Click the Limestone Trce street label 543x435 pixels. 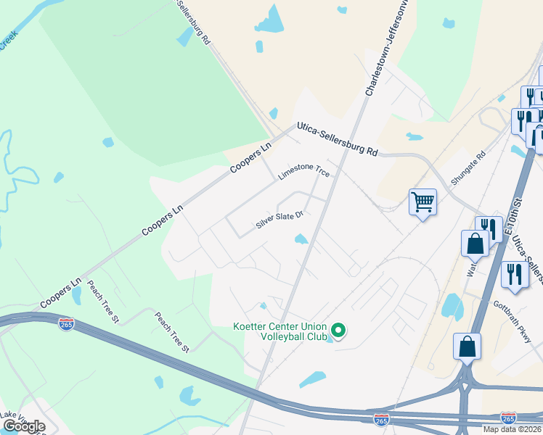point(304,171)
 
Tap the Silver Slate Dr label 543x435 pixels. point(278,220)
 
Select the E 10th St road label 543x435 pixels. point(518,212)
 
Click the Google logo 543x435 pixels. point(24,426)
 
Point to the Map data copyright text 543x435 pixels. point(513,429)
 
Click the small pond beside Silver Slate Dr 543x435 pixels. point(301,239)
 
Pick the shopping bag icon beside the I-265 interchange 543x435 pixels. point(467,347)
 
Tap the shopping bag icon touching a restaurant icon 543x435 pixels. point(475,244)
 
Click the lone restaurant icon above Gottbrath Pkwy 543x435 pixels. point(515,275)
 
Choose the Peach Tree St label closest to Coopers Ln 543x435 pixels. point(102,300)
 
